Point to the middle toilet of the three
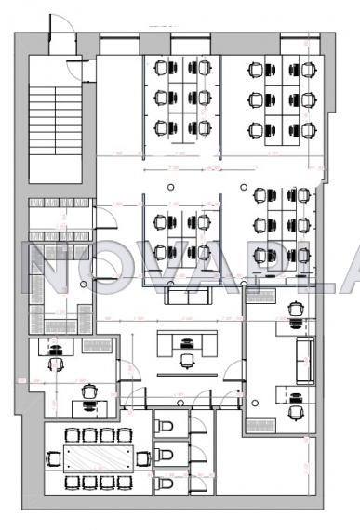click(x=164, y=455)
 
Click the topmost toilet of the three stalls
click(x=164, y=425)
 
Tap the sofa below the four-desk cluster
click(x=190, y=296)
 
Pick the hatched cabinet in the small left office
click(x=97, y=346)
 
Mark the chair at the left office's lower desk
click(x=89, y=392)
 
